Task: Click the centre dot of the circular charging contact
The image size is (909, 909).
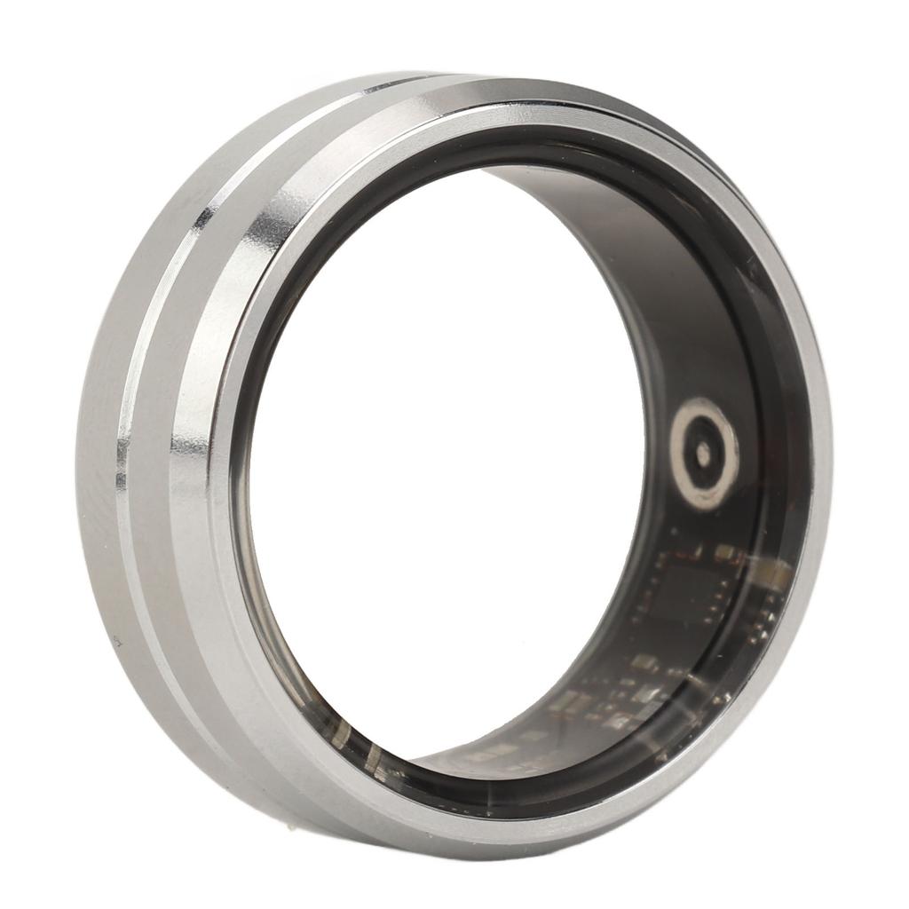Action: [x=703, y=453]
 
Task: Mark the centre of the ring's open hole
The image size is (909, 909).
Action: [x=444, y=462]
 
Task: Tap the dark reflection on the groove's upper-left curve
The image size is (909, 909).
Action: [x=205, y=214]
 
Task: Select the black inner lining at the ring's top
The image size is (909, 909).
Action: [x=497, y=146]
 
